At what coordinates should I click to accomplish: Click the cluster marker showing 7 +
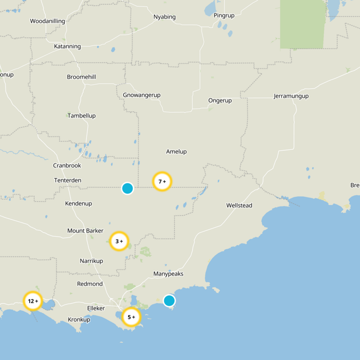162,182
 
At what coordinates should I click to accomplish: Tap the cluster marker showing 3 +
119,241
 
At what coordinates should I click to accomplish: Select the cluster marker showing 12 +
33,301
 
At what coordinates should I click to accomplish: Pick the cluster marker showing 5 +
131,317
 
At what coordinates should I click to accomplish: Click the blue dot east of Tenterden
127,188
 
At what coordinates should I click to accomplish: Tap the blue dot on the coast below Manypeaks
169,300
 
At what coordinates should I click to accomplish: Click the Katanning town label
67,46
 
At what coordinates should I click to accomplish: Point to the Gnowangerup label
142,95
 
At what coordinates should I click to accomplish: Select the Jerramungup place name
294,96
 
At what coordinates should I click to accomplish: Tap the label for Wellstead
239,206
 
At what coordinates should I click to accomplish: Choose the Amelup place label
176,152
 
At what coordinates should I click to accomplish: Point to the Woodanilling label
47,21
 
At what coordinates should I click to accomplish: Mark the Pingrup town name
224,15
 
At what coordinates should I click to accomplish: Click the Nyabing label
164,17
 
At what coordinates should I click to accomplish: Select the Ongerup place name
220,100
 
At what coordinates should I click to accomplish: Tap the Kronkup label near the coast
79,319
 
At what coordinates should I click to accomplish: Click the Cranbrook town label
67,166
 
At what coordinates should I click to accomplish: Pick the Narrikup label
91,261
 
